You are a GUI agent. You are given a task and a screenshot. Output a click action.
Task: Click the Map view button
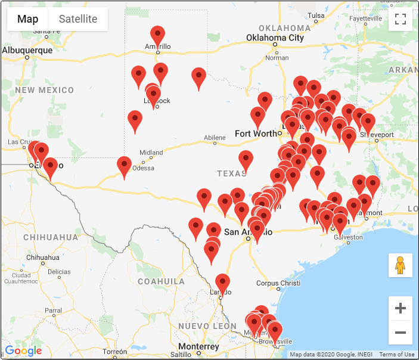coord(27,19)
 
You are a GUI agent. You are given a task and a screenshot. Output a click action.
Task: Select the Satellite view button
coord(78,19)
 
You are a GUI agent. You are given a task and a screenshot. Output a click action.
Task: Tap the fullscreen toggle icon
coord(401,19)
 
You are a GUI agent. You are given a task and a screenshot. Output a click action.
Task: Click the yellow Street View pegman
coord(401,265)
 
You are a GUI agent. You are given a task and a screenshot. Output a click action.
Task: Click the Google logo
coord(24,350)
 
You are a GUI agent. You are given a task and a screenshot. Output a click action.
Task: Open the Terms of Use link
coord(396,355)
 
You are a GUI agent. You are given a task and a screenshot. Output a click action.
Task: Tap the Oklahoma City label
coord(275,38)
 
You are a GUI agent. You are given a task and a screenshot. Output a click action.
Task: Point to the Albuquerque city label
coord(27,51)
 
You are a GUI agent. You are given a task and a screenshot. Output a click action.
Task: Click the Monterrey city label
coord(198,347)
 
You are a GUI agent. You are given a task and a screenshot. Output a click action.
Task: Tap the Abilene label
coord(215,138)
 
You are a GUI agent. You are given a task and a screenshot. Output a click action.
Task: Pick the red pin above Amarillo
coord(157,35)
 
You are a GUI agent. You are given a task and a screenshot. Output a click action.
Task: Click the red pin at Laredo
coord(222,282)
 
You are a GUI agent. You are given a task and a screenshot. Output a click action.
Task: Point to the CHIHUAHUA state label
coord(51,237)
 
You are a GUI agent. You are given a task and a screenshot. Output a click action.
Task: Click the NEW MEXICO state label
coord(45,91)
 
